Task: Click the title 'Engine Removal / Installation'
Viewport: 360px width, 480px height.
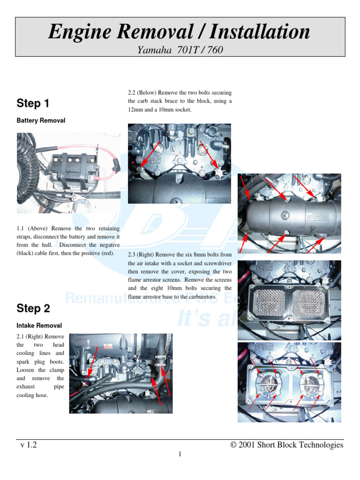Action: [180, 32]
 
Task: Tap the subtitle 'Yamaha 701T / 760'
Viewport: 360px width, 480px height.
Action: [180, 50]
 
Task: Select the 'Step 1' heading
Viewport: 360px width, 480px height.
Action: [33, 103]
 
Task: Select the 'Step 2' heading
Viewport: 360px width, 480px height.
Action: [33, 308]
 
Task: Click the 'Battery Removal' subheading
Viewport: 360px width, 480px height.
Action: [41, 120]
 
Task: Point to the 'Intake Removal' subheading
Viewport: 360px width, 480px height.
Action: [39, 325]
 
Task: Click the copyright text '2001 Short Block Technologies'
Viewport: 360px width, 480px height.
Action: [291, 445]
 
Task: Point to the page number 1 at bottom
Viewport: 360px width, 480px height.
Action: [180, 454]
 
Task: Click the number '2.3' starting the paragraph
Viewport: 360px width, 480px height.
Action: [132, 255]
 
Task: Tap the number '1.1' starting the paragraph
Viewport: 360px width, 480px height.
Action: [21, 228]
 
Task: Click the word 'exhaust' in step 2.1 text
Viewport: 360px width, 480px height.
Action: [26, 387]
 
